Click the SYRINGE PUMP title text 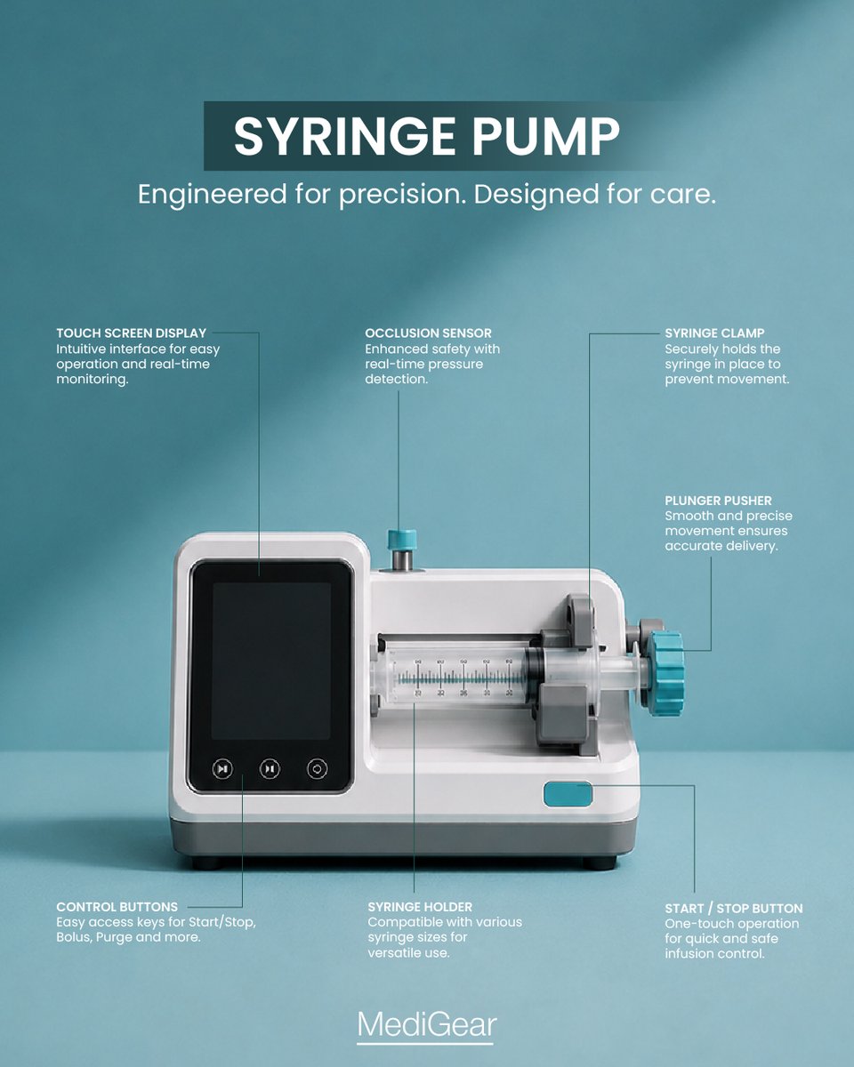click(x=427, y=136)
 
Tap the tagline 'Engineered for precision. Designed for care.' click(x=427, y=195)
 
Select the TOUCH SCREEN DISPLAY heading click(x=131, y=333)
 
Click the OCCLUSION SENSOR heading click(x=428, y=333)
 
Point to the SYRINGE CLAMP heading click(x=714, y=333)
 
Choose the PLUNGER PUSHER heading click(x=718, y=501)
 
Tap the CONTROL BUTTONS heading click(x=117, y=907)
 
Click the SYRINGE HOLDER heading click(x=420, y=907)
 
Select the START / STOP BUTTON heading click(x=733, y=909)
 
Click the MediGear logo click(x=427, y=1024)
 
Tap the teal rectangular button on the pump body click(x=568, y=794)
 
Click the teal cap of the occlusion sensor click(x=401, y=540)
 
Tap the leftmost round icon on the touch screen click(x=222, y=769)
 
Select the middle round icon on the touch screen click(x=270, y=769)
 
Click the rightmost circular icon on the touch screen click(x=317, y=769)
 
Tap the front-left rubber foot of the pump click(x=205, y=863)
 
